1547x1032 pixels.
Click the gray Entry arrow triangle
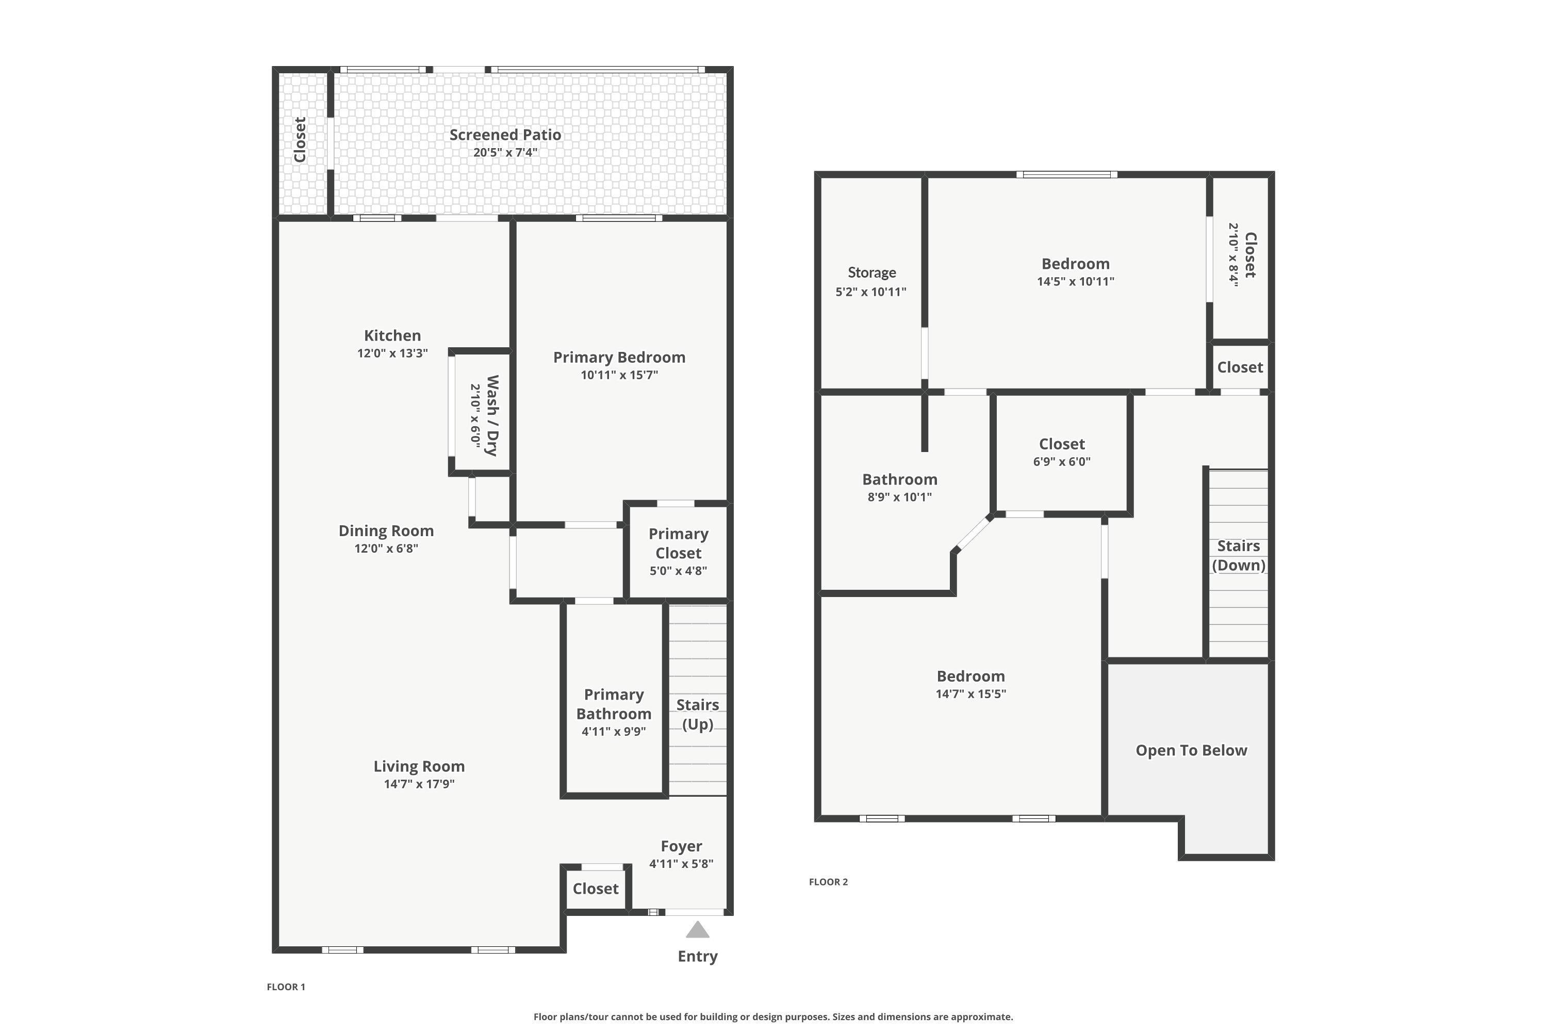pos(697,929)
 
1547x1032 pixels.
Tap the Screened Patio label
pos(505,135)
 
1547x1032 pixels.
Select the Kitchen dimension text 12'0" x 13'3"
pos(392,353)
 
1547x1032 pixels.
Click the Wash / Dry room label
pos(492,415)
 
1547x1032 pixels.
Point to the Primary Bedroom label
pos(619,358)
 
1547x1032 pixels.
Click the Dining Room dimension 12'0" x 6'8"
pos(386,548)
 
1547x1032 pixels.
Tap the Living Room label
pos(419,766)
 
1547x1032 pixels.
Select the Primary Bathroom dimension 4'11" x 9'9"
pos(614,731)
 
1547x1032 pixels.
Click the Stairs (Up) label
pos(697,714)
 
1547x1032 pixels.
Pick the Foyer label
pos(681,846)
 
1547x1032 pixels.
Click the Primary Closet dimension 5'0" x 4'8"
pos(678,571)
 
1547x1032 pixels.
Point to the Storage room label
pos(871,272)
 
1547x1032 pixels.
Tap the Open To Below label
pos(1191,750)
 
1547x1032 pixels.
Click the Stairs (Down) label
pos(1239,556)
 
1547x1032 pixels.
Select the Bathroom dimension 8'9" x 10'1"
pos(899,497)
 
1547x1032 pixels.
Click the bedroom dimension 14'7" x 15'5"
pos(971,694)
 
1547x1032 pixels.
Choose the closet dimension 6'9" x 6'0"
pos(1062,461)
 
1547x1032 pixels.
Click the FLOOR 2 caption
pos(828,882)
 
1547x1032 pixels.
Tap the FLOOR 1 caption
pos(286,987)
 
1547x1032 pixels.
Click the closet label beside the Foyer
pos(595,889)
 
